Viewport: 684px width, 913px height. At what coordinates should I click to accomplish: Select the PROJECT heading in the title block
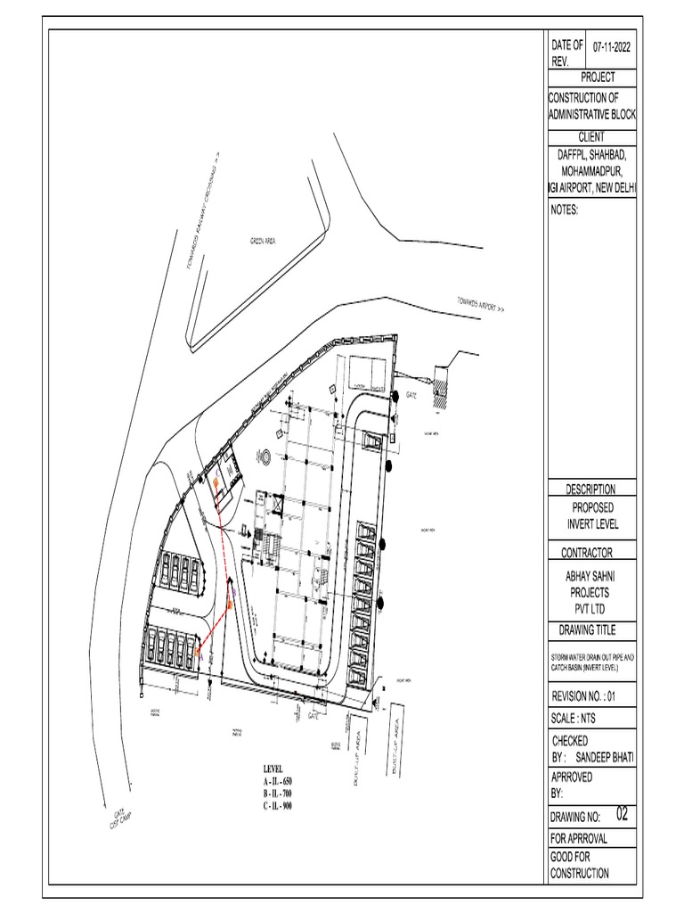click(591, 78)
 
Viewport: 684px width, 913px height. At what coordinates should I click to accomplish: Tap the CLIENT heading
click(591, 136)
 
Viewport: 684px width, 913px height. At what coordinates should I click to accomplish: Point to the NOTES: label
click(566, 210)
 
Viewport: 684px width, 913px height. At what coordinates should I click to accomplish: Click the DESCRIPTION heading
click(590, 489)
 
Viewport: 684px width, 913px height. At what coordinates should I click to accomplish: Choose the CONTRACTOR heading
click(591, 552)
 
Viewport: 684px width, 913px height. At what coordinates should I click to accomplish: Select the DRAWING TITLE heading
click(591, 631)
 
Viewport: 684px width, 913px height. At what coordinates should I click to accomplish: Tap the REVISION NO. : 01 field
click(591, 696)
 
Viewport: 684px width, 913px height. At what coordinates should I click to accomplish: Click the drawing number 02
click(622, 814)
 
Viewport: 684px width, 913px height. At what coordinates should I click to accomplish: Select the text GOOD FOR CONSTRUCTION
click(580, 866)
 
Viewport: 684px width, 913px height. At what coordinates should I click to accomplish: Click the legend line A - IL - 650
click(277, 781)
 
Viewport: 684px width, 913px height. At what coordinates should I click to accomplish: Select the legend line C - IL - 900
click(277, 805)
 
